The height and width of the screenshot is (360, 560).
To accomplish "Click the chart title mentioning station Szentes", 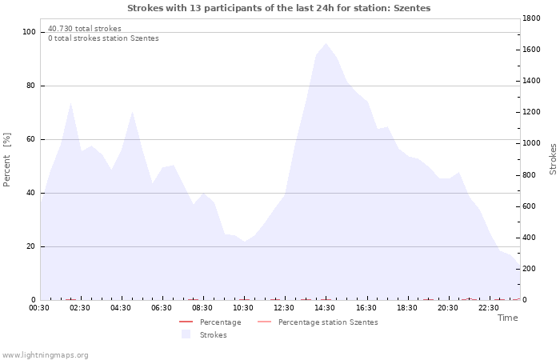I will [x=278, y=8].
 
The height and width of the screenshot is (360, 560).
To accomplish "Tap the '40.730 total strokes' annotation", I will [x=85, y=29].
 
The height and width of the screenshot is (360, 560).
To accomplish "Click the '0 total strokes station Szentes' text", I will [x=103, y=38].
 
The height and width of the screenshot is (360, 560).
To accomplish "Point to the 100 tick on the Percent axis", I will [x=30, y=32].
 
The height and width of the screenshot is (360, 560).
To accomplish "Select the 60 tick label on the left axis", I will [x=31, y=139].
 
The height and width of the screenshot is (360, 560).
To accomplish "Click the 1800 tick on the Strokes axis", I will [x=534, y=18].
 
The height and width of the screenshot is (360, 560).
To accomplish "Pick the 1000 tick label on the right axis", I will [x=534, y=143].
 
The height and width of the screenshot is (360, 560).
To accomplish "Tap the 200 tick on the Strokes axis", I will [x=531, y=269].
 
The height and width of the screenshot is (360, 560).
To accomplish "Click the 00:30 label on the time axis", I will [x=39, y=308].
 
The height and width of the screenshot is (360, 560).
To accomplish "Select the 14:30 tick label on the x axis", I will [x=325, y=308].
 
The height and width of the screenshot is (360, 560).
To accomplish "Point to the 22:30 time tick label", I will [x=489, y=308].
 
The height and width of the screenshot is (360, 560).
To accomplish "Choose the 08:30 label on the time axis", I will [x=202, y=308].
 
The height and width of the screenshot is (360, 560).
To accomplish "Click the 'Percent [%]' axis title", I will [x=8, y=160].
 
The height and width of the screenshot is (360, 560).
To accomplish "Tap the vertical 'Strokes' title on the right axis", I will [x=553, y=159].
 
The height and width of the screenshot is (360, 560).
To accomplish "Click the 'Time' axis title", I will [x=507, y=318].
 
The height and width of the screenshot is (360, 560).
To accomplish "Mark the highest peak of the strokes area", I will [x=326, y=44].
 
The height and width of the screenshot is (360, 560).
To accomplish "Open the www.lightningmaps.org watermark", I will [x=45, y=355].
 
